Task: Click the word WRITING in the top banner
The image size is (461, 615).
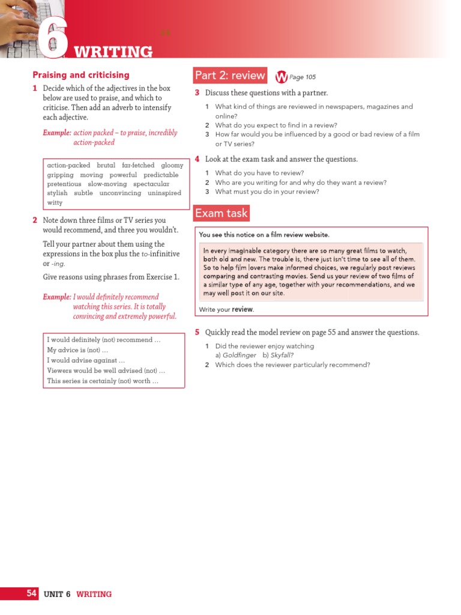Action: click(113, 52)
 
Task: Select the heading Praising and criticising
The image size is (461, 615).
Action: click(80, 75)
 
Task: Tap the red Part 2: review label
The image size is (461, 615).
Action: click(229, 76)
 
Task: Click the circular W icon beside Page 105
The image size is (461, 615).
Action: click(281, 77)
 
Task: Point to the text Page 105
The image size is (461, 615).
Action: click(303, 77)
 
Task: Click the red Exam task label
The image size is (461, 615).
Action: click(221, 213)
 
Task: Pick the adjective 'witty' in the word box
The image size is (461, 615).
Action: click(55, 203)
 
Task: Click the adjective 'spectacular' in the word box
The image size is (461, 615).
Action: click(151, 184)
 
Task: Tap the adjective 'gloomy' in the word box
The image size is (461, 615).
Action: click(172, 165)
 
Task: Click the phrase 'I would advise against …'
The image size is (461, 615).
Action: click(86, 360)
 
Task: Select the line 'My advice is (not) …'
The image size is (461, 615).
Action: click(77, 350)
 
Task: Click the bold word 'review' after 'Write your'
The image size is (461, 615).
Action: click(243, 309)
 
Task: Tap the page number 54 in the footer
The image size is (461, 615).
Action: click(32, 593)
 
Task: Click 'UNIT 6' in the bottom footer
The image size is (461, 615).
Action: click(57, 594)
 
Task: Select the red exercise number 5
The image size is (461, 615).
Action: click(197, 332)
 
